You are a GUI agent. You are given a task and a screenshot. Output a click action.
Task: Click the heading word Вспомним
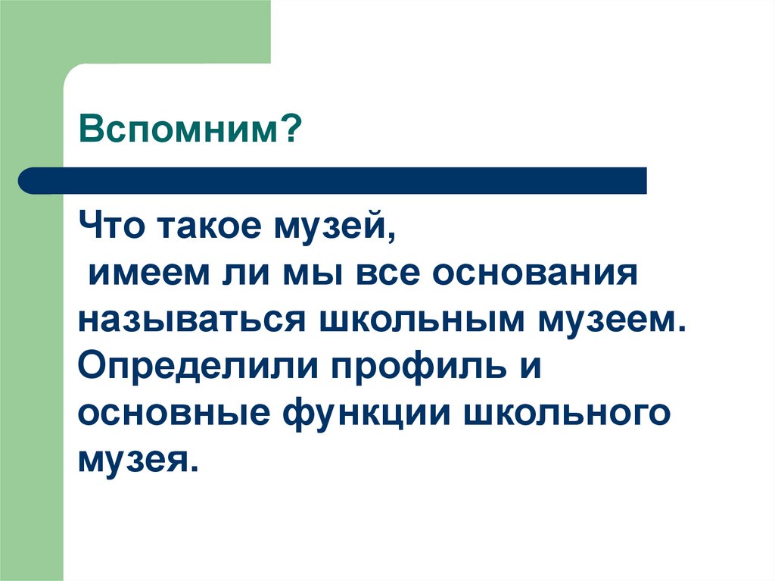182,133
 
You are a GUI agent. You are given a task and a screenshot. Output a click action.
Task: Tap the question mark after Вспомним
293,133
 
